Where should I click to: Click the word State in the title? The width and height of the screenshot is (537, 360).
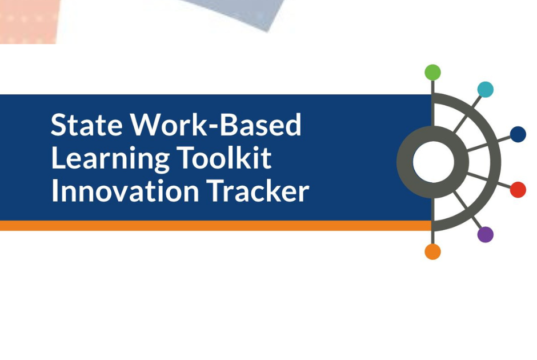point(86,125)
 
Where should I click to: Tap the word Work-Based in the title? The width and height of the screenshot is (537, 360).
point(216,125)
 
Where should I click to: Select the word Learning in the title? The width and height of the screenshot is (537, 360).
point(110,159)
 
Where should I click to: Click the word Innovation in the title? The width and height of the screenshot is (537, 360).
point(125,190)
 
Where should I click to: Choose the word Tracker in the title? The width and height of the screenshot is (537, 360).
point(258,190)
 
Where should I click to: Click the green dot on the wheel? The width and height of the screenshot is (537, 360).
point(432,72)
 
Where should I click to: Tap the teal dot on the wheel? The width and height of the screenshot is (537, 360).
point(485,89)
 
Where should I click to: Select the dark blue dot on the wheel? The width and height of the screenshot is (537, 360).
point(518,134)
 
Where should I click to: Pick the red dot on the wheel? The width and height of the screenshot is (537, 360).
point(518,190)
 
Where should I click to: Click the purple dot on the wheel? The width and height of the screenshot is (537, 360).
point(485,234)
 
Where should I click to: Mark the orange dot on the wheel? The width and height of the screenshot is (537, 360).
point(432,251)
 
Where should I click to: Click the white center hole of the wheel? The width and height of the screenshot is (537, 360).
point(433,162)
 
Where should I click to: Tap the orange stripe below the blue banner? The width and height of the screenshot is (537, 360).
point(216,225)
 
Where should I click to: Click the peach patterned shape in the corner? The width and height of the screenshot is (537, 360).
point(29,21)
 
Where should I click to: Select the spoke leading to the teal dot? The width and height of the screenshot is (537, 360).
point(467,114)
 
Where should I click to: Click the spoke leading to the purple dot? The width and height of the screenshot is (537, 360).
point(467,209)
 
